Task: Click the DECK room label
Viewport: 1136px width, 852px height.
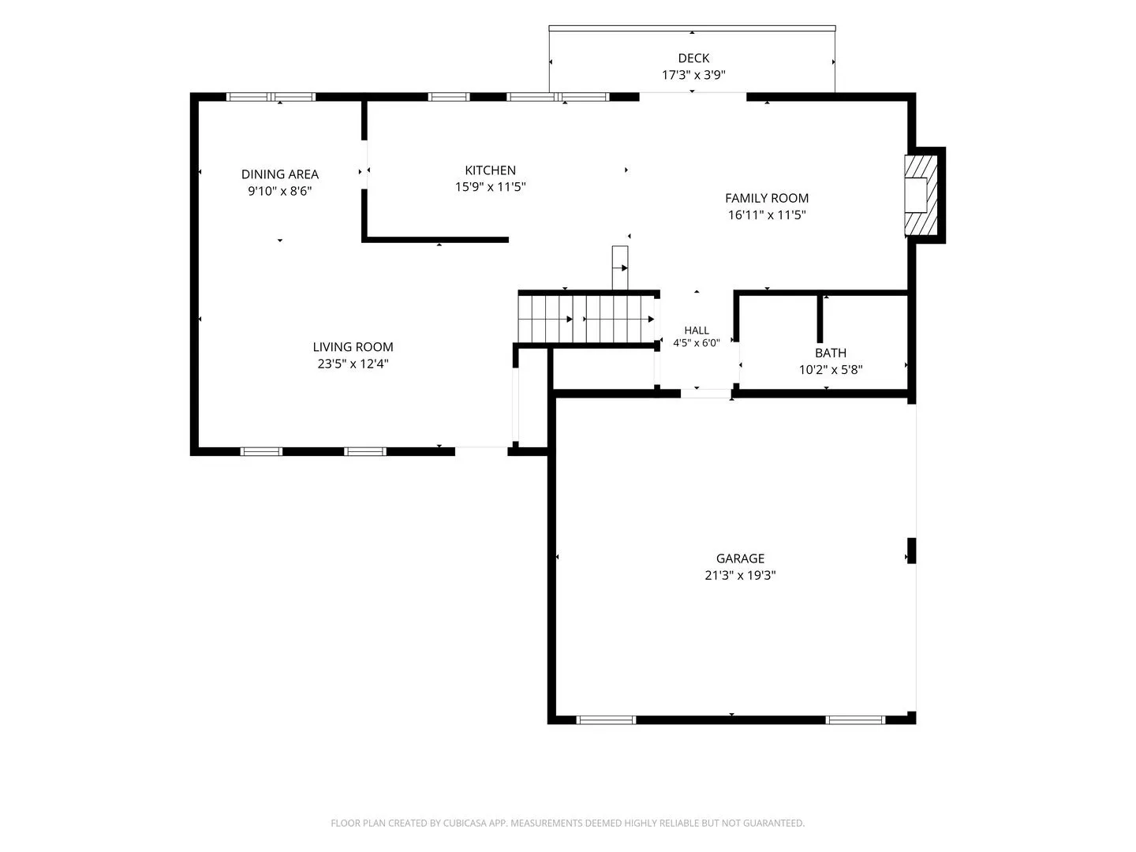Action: [693, 58]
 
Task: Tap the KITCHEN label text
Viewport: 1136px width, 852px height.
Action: [490, 170]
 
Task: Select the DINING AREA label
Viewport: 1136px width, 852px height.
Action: [280, 174]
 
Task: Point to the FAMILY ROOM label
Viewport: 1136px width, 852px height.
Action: [767, 198]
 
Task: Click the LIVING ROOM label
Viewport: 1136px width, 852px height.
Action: [353, 346]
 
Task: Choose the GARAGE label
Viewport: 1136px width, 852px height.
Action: [740, 559]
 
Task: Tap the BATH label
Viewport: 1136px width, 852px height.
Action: [831, 353]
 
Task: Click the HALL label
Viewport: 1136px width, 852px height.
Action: [697, 330]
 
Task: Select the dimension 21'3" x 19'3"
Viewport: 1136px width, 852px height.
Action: [740, 575]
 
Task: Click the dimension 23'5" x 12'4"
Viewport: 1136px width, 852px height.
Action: [353, 364]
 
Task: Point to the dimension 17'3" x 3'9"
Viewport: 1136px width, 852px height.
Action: [693, 75]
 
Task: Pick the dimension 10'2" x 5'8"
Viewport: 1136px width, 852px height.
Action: [831, 370]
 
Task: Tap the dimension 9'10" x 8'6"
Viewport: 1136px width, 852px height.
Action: [280, 191]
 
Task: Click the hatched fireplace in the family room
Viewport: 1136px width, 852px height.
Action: [921, 195]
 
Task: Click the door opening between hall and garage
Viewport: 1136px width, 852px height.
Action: [706, 394]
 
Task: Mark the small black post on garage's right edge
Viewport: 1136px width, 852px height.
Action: [911, 551]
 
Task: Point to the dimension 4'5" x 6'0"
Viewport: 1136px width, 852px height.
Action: [697, 343]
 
